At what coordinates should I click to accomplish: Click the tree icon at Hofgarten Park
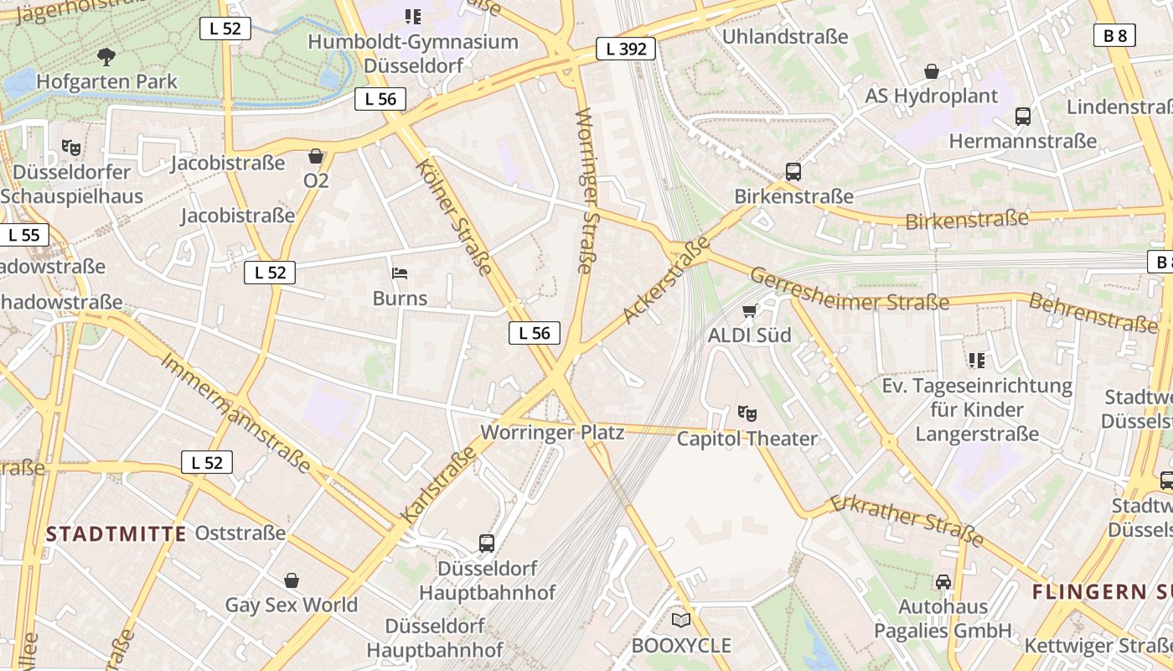[x=106, y=57]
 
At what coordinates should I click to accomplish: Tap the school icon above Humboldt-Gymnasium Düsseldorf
[x=412, y=16]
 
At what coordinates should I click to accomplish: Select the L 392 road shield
[x=626, y=49]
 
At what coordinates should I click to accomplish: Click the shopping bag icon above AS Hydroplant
[x=931, y=71]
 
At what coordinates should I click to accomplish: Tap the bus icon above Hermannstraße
[x=1022, y=117]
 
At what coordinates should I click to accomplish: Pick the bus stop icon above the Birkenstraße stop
[x=793, y=172]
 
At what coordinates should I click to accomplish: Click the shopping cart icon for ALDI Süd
[x=749, y=311]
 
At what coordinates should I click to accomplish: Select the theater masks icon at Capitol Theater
[x=747, y=413]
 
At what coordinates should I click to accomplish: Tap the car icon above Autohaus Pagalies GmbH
[x=943, y=581]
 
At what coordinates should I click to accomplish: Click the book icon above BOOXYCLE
[x=681, y=621]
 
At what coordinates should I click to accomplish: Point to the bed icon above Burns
[x=400, y=273]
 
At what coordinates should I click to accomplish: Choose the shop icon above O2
[x=316, y=156]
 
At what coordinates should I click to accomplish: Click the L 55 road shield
[x=23, y=235]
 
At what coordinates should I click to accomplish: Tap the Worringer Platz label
[x=552, y=433]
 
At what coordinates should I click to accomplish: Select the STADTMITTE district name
[x=116, y=533]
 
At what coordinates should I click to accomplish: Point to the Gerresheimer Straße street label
[x=849, y=289]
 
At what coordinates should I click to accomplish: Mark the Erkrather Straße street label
[x=907, y=519]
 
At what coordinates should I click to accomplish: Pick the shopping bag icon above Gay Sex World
[x=292, y=580]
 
